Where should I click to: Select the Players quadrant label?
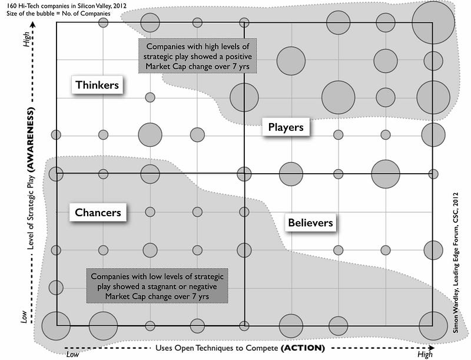pyautogui.click(x=286, y=127)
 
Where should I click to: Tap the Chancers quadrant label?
pyautogui.click(x=98, y=212)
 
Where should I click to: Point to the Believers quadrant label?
pyautogui.click(x=310, y=222)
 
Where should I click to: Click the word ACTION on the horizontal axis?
pyautogui.click(x=303, y=348)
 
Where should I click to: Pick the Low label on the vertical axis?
pyautogui.click(x=24, y=317)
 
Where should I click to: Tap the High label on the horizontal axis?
pyautogui.click(x=424, y=354)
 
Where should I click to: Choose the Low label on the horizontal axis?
pyautogui.click(x=73, y=354)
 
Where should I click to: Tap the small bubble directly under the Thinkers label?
pyautogui.click(x=150, y=97)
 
